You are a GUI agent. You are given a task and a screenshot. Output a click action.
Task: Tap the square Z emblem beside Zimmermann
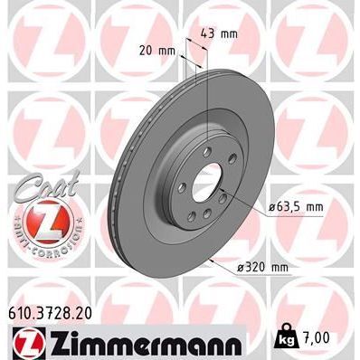tap(25, 341)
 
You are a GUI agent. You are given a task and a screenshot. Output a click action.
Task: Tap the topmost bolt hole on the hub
tap(207, 149)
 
